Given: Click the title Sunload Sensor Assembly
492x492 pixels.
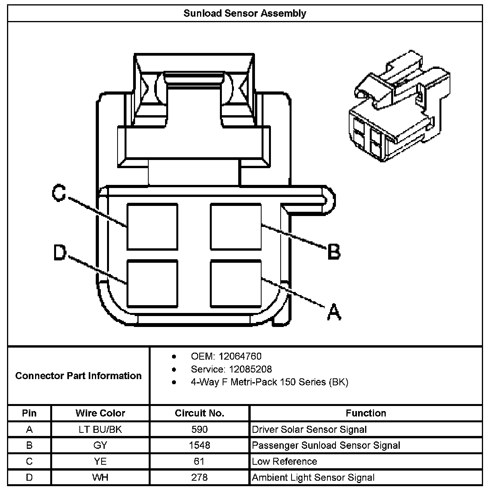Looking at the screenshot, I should point(245,14).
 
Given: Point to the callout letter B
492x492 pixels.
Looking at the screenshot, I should point(334,251).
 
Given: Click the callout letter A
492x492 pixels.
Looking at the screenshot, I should point(334,312).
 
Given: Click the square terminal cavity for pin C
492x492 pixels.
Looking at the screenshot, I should point(152,227).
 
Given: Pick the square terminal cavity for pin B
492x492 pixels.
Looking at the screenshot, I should point(236,227).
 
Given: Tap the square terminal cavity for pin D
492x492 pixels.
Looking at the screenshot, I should point(152,283).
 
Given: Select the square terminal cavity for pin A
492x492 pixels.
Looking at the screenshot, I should point(236,283).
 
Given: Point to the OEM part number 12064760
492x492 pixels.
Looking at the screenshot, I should point(240,356).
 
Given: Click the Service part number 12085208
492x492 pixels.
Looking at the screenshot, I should point(245,369).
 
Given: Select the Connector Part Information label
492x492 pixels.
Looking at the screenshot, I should point(78,376).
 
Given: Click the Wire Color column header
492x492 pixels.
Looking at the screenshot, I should point(100,413).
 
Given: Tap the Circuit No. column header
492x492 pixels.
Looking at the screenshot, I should point(199,413).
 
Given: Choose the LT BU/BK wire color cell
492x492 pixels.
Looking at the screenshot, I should point(100,429).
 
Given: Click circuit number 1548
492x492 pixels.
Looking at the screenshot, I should point(199,445).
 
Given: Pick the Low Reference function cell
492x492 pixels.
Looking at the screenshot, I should point(285,461).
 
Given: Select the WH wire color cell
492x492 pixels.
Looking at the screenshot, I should point(100,477).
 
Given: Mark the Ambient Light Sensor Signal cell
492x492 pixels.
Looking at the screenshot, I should point(313,477).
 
